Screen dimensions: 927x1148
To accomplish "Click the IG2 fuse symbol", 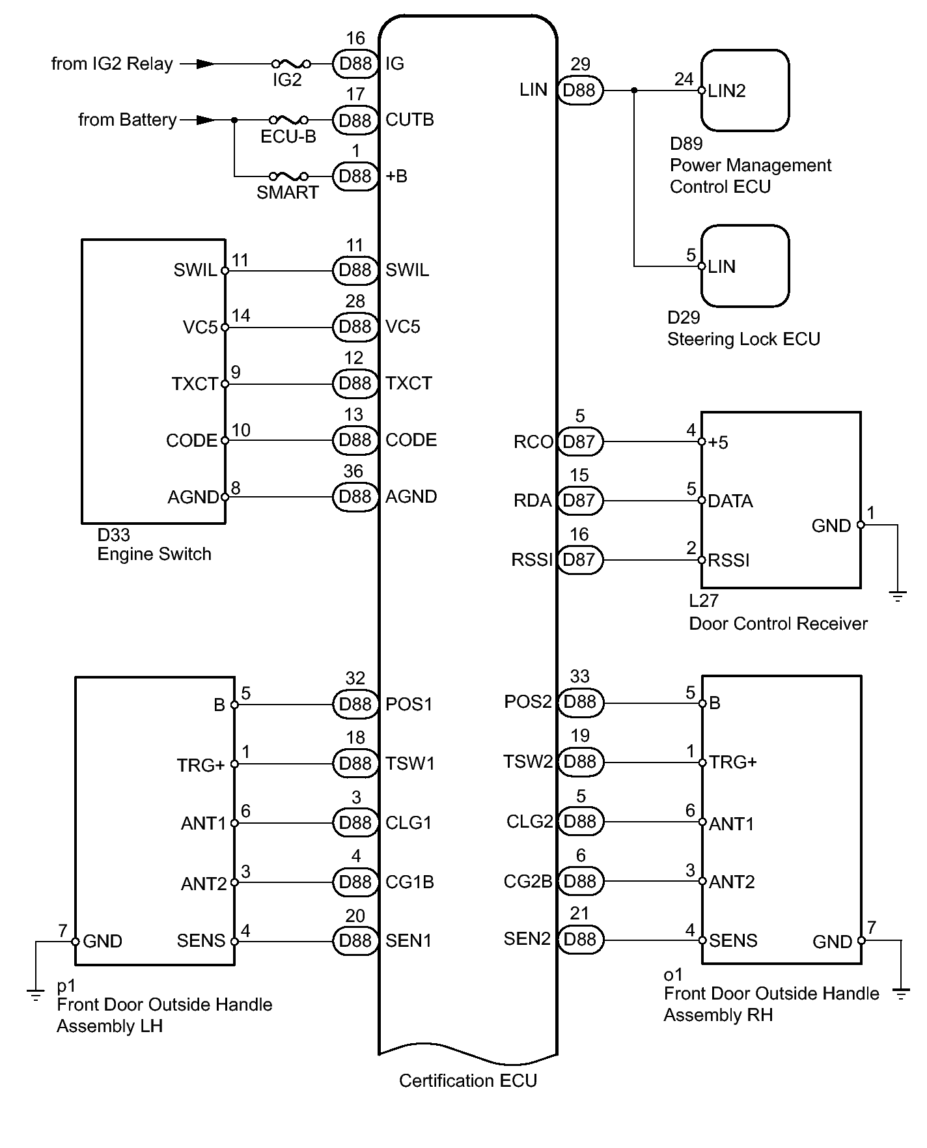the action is click(291, 64).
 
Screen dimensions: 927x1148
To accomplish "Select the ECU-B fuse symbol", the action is click(289, 120).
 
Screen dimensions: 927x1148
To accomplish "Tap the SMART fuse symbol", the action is click(289, 176).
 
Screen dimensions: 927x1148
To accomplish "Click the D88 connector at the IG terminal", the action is click(355, 64).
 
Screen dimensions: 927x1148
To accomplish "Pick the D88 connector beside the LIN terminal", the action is click(580, 90).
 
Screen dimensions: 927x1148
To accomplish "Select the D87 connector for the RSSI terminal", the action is click(580, 559).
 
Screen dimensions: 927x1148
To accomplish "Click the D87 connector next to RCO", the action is click(580, 441).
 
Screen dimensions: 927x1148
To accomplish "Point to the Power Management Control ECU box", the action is click(745, 91).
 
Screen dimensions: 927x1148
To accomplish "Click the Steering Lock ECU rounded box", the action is click(745, 266).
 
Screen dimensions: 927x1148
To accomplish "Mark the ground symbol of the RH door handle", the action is click(902, 994).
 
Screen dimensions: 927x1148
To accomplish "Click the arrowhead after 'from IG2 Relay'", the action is click(206, 64).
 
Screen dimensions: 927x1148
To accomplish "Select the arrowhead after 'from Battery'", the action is click(206, 120).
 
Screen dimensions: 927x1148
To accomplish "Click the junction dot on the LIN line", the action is click(635, 90).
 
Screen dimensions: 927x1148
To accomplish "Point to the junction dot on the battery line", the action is click(234, 120).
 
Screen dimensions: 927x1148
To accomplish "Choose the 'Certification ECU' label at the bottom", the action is click(468, 1081).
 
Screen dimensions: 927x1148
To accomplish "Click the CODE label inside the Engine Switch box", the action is click(191, 441).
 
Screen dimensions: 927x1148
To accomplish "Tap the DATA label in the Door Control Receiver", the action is click(730, 501).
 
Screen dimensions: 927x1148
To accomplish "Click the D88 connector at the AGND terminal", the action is click(355, 497).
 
